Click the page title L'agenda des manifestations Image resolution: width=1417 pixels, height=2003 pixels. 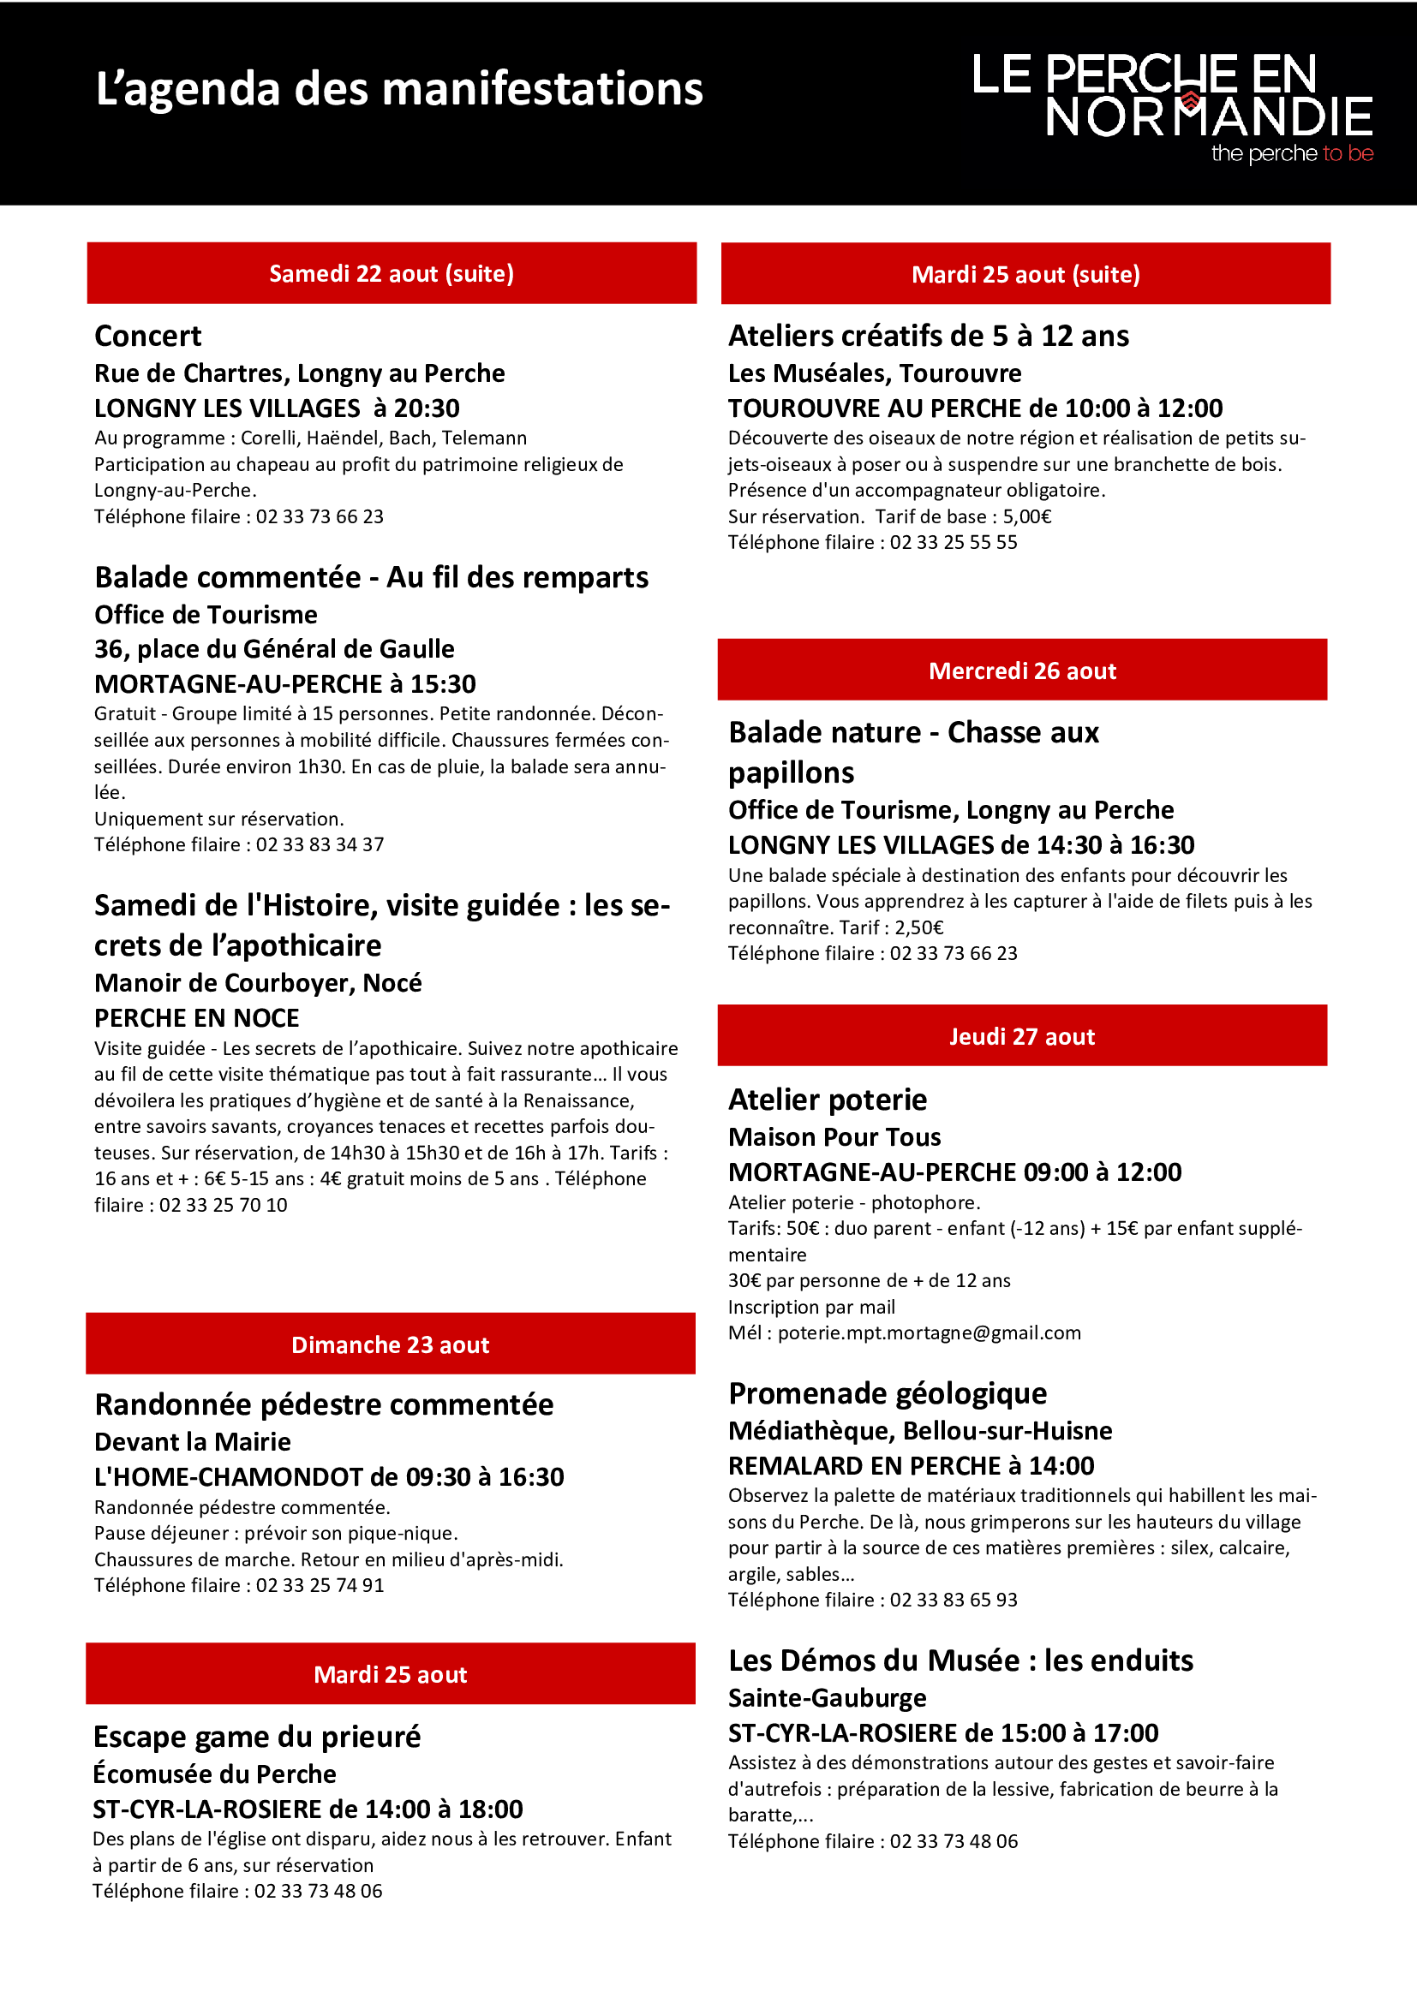point(398,90)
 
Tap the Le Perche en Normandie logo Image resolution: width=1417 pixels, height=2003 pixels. point(1172,106)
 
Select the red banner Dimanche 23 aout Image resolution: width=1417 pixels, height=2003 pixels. point(390,1344)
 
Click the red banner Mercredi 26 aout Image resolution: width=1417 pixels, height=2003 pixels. point(1022,670)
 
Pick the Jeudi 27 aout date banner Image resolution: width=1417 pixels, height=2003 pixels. point(1022,1035)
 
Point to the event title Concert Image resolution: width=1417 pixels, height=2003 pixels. point(147,336)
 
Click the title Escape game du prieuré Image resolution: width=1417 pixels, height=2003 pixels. point(256,1737)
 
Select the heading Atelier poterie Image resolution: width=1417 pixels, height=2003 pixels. point(828,1100)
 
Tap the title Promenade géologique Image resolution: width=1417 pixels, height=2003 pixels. point(888,1393)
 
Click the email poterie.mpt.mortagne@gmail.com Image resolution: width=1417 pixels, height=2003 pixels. point(930,1333)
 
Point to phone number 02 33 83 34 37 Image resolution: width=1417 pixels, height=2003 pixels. point(320,844)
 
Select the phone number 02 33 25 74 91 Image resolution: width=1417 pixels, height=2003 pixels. point(320,1585)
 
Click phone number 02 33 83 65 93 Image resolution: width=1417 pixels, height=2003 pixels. point(954,1600)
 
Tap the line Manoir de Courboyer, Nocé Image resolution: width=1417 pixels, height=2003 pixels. point(257,983)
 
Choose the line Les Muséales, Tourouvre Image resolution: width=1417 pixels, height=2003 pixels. point(875,373)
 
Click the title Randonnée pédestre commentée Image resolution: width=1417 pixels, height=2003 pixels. point(324,1404)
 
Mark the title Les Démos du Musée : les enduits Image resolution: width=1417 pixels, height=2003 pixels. point(960,1660)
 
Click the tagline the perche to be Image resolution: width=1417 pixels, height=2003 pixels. point(1292,153)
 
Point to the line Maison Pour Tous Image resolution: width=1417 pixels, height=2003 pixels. point(834,1136)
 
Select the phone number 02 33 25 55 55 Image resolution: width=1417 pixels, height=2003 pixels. point(954,542)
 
